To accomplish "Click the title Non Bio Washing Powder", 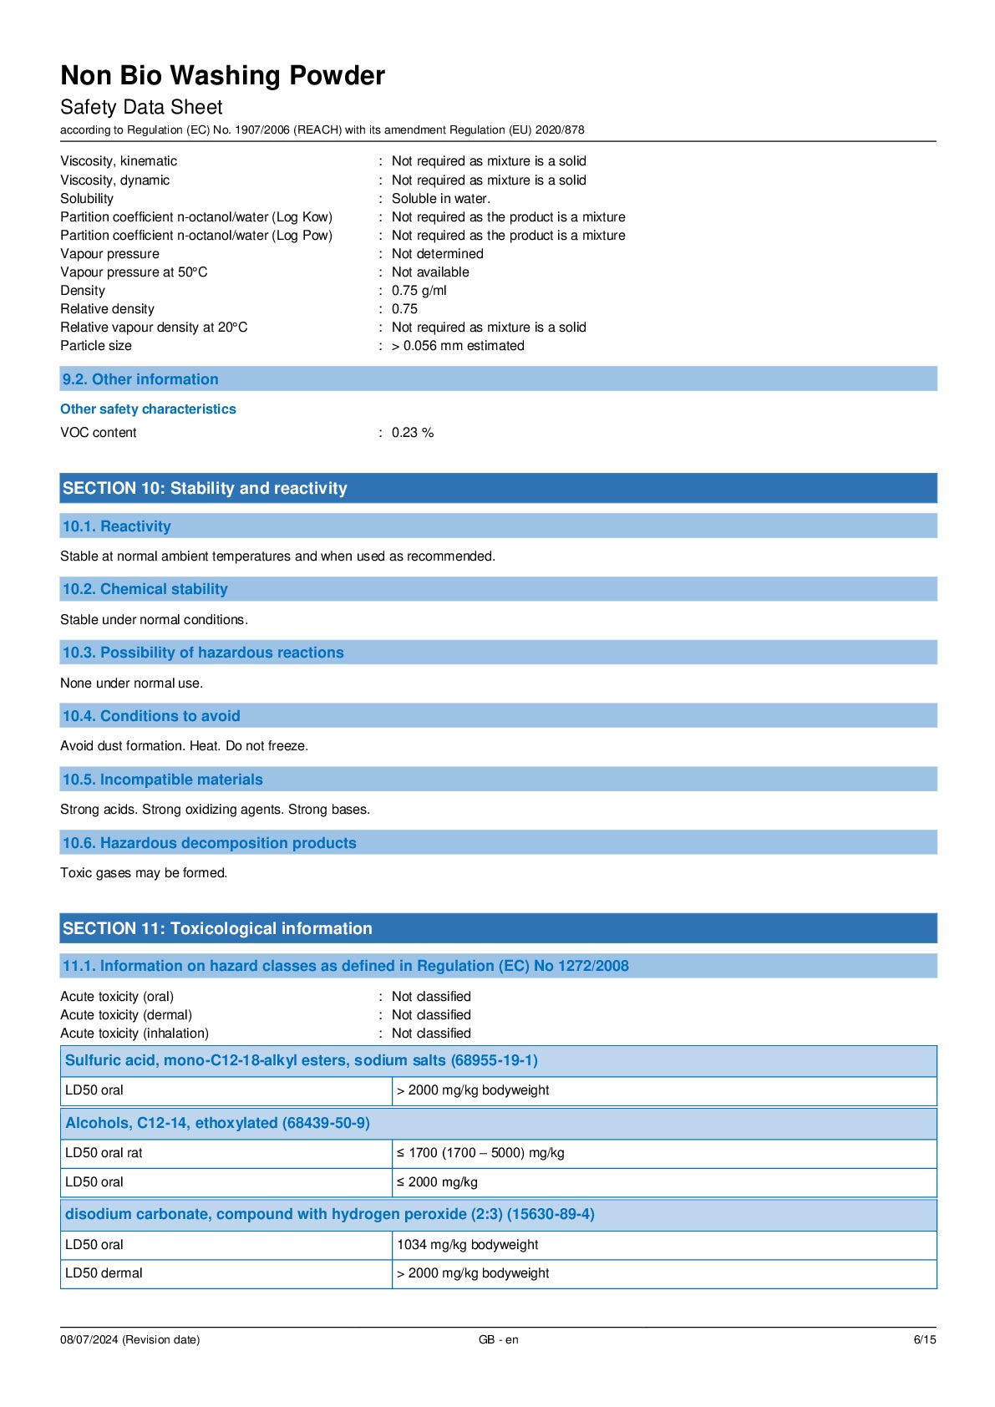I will [x=222, y=76].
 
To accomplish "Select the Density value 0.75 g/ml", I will [x=419, y=291].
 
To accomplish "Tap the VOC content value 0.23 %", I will [x=412, y=433].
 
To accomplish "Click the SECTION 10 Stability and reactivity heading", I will [x=205, y=489].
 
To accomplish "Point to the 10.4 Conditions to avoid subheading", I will [x=151, y=716].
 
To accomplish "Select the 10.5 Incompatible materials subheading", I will [x=162, y=780].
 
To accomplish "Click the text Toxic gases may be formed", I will [x=144, y=873].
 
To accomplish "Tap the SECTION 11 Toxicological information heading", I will [x=217, y=928].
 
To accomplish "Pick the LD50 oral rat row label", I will [x=104, y=1153].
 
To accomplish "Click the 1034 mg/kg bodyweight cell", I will [x=467, y=1245].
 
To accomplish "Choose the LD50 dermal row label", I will [x=104, y=1273].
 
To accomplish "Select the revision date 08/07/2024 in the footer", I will [x=129, y=1339].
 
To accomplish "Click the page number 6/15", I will [x=924, y=1339].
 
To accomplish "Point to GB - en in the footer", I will [x=498, y=1339].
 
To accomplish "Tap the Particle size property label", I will [x=96, y=346].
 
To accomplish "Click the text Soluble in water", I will [x=440, y=199].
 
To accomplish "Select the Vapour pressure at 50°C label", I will [x=134, y=272].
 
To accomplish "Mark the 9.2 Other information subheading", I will [x=140, y=379].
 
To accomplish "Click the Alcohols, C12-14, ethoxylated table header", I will [x=217, y=1123].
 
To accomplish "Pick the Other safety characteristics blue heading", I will [x=148, y=409].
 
